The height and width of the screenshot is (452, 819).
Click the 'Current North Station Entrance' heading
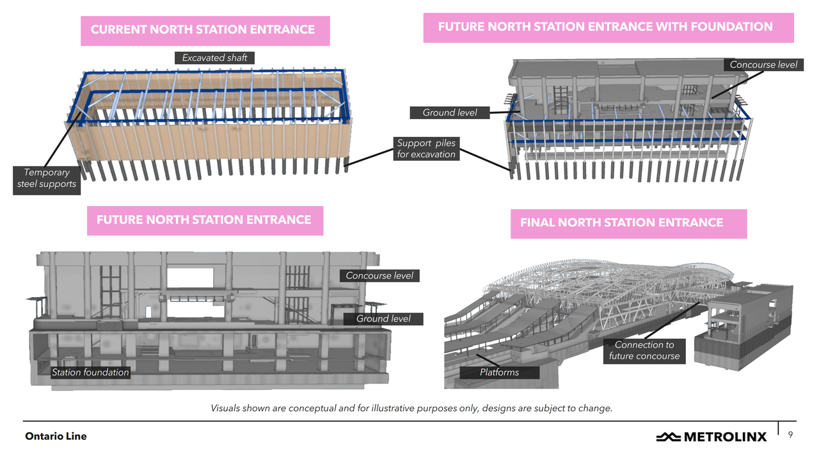point(203,29)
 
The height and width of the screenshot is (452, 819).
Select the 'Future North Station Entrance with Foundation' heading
point(605,27)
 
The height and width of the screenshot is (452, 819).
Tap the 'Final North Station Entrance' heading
point(621,223)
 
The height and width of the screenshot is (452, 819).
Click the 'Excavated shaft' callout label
point(214,58)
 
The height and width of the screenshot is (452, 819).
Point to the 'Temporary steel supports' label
point(47,179)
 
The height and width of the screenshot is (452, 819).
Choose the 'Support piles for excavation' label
point(426,149)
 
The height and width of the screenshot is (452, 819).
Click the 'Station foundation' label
point(90,373)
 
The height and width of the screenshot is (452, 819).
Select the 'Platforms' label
point(500,373)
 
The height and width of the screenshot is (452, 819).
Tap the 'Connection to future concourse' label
point(644,350)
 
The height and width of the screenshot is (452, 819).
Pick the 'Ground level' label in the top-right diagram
point(450,113)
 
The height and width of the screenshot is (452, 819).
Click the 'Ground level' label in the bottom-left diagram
point(383,319)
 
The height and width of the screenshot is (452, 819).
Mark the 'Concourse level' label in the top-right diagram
point(763,65)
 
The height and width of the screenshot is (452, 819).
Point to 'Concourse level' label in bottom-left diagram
point(379,276)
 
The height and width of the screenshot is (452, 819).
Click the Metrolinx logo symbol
point(669,437)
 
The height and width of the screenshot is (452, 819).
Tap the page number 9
point(790,435)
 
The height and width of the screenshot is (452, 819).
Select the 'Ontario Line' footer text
point(56,436)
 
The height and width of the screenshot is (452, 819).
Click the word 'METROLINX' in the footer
point(725,437)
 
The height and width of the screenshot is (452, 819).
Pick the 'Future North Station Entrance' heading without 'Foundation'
point(204,220)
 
